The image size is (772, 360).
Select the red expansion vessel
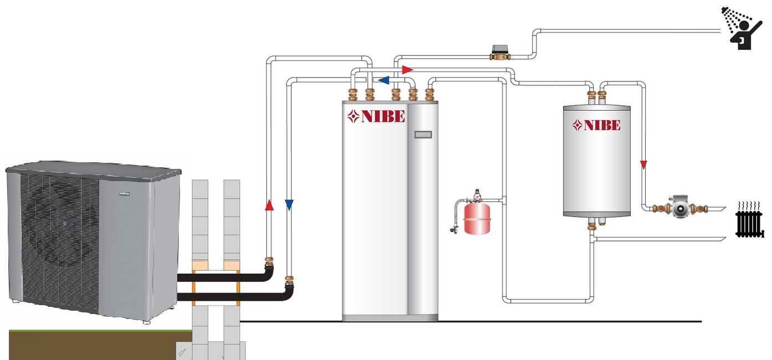(x=477, y=218)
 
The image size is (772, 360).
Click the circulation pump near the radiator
(x=680, y=208)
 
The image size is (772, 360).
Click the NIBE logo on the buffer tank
(x=596, y=125)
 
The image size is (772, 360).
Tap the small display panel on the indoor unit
(x=423, y=135)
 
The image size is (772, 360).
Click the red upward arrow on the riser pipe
(x=269, y=205)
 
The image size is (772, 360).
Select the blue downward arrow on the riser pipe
(x=289, y=205)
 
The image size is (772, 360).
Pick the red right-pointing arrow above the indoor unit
(x=408, y=70)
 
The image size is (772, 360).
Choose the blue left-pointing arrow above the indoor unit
(x=383, y=80)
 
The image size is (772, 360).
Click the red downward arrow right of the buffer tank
(x=644, y=164)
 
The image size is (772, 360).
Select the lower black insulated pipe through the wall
(x=233, y=297)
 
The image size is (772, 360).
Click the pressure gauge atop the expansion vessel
(x=477, y=194)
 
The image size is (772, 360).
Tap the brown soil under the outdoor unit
(x=94, y=346)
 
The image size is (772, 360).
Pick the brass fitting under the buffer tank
(x=592, y=224)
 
